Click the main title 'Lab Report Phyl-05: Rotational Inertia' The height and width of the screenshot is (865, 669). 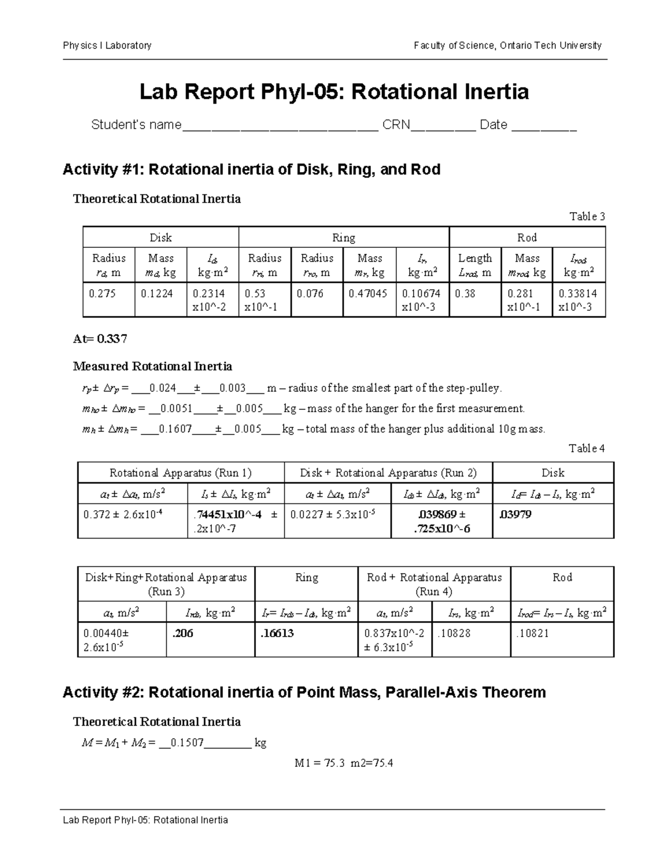(334, 92)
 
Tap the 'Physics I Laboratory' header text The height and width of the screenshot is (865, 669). (107, 46)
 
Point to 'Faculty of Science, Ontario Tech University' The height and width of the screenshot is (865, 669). (507, 46)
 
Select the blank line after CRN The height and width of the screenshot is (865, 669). (443, 126)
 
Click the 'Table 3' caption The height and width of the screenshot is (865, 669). (586, 217)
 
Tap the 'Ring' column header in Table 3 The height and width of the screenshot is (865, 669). (343, 238)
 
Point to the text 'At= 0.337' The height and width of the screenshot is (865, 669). (100, 339)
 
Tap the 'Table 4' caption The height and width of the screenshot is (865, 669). (586, 448)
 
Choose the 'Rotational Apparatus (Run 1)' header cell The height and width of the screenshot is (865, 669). (181, 473)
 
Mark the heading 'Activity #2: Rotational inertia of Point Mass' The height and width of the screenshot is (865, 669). (304, 692)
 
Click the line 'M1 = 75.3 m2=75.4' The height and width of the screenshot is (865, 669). (344, 763)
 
